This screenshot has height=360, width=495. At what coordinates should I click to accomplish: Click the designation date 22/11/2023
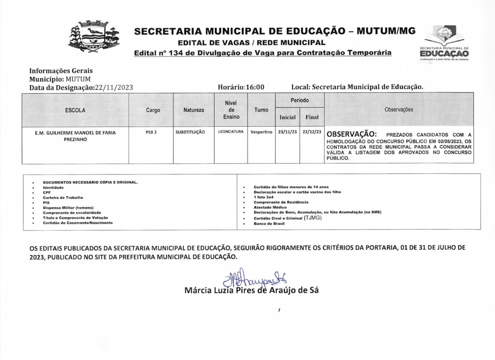pos(114,87)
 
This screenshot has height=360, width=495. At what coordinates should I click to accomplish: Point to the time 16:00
pos(255,87)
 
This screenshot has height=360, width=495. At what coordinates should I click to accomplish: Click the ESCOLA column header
pos(75,110)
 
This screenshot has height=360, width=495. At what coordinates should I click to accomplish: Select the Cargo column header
pos(153,110)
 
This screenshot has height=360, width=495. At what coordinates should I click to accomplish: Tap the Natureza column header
pos(193,110)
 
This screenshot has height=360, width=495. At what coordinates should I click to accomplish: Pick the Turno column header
pos(262,110)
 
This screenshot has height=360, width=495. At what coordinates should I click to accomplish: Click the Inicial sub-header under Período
pos(288,117)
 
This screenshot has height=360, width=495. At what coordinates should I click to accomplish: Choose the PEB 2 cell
pos(151,132)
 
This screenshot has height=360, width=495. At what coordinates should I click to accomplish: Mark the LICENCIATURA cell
pos(231,131)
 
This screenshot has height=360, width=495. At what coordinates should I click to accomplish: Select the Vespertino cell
pos(262,132)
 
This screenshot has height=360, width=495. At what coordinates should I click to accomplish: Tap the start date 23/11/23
pos(288,132)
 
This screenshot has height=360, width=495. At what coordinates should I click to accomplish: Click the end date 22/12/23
pos(312,132)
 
